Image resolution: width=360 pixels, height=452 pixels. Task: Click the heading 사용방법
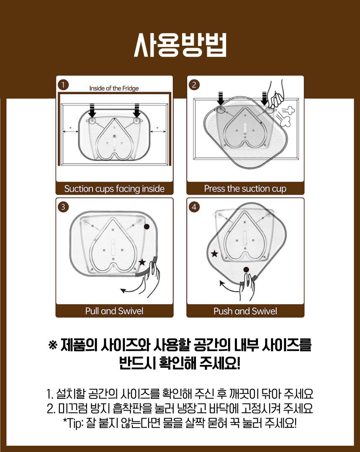point(180,45)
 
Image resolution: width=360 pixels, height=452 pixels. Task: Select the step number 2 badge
point(194,85)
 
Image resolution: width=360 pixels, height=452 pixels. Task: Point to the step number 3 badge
point(63,207)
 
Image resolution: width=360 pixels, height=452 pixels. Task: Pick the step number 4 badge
point(194,207)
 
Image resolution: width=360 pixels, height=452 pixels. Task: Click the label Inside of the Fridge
point(114,88)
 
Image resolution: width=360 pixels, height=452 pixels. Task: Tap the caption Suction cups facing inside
point(114,189)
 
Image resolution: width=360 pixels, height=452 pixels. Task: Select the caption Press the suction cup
point(245,189)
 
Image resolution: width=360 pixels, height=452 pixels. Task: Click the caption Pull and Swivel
point(114,311)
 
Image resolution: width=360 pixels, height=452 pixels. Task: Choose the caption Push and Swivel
point(245,311)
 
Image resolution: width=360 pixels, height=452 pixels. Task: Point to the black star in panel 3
point(142,262)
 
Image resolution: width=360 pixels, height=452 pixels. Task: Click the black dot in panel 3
point(147,226)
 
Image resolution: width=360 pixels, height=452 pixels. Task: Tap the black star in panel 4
point(214,254)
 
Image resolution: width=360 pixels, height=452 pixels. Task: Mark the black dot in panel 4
point(246,270)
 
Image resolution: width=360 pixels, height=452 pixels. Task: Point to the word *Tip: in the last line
point(73,424)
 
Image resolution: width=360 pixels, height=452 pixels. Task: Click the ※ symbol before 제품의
point(53,345)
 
